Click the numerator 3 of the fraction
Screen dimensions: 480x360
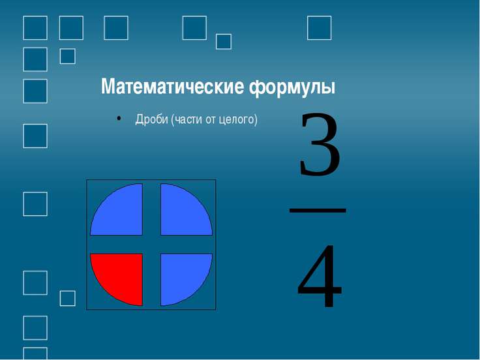[x=320, y=145]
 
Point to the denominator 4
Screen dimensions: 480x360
[x=320, y=275]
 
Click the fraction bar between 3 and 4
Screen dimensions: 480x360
[x=318, y=210]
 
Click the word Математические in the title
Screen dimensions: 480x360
[x=173, y=87]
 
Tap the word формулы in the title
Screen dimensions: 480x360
[x=292, y=88]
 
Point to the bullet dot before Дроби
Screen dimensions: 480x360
[x=119, y=119]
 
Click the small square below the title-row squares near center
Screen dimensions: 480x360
[x=224, y=42]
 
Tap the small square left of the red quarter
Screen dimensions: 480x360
[x=68, y=299]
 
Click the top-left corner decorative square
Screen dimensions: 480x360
[x=35, y=28]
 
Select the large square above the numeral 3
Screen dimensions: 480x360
[x=320, y=28]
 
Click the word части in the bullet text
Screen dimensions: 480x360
[x=188, y=120]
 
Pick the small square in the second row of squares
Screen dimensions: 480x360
[x=68, y=56]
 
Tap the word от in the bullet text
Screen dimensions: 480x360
[x=211, y=120]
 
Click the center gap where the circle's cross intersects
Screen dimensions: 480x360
[x=151, y=245]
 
